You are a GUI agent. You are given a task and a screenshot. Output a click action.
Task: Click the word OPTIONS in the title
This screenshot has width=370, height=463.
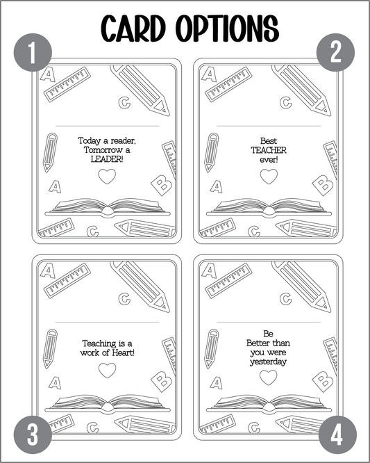(228, 29)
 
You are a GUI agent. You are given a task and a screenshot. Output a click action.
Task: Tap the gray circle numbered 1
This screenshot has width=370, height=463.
(33, 53)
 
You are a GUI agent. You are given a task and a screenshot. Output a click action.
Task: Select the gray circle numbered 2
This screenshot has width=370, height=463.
(335, 53)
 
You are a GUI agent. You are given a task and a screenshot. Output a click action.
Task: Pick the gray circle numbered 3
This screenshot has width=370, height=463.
(33, 434)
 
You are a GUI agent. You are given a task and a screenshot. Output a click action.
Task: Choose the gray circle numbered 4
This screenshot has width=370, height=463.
(337, 434)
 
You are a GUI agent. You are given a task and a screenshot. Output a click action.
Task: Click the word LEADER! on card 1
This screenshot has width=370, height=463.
(107, 159)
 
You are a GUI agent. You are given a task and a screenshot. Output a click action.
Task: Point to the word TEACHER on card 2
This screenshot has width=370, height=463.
(269, 150)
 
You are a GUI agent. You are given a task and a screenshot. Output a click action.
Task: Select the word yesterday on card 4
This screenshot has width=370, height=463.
(268, 362)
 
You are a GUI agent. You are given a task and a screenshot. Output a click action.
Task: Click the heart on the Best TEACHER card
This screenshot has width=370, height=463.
(269, 177)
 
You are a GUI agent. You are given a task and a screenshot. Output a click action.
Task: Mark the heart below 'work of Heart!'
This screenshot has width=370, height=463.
(107, 371)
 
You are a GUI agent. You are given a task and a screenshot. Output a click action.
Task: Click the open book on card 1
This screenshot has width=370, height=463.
(108, 207)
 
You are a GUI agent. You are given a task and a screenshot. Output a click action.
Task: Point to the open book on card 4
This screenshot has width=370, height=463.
(269, 404)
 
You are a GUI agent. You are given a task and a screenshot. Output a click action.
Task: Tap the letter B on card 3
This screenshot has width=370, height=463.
(162, 382)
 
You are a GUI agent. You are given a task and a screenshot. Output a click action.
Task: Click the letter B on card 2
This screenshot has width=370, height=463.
(323, 186)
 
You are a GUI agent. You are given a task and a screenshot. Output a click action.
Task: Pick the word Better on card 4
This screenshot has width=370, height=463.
(258, 343)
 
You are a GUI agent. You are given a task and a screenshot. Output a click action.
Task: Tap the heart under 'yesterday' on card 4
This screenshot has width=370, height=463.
(269, 377)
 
